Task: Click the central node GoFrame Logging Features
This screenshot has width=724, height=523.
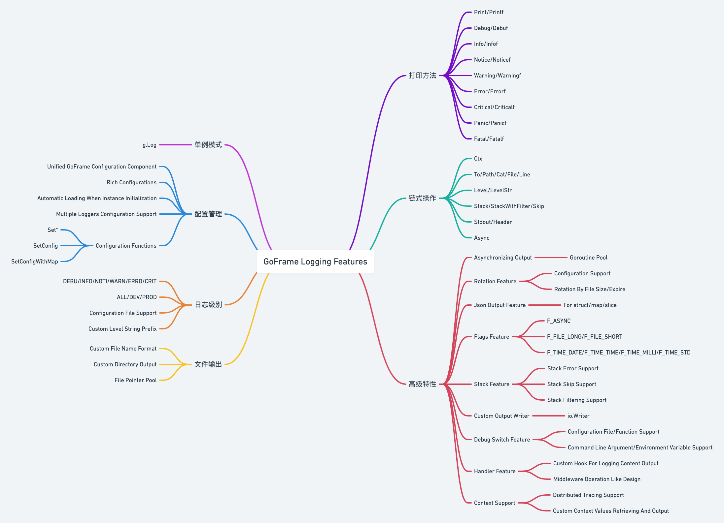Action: (x=315, y=261)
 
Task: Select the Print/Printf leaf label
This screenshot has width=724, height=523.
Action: (x=489, y=12)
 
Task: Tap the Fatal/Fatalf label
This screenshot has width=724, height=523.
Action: (x=489, y=139)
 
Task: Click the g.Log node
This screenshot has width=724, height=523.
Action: (x=150, y=145)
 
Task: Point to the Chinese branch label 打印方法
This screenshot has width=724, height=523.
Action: (x=422, y=76)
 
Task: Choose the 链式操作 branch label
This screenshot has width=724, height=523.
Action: (x=422, y=198)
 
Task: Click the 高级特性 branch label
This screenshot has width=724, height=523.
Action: (x=422, y=384)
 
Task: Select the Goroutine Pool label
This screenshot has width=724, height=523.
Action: (x=588, y=258)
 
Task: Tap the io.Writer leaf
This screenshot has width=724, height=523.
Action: (x=578, y=416)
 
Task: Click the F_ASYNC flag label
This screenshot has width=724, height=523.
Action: (x=559, y=321)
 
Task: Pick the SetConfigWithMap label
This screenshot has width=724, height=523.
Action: (x=35, y=261)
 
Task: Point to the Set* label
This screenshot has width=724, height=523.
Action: (x=52, y=230)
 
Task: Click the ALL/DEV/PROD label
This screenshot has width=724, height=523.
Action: (x=137, y=297)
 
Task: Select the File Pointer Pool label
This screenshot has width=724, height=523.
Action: (x=135, y=380)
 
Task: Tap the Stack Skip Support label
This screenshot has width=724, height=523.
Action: (x=571, y=384)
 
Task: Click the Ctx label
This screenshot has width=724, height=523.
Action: (x=478, y=159)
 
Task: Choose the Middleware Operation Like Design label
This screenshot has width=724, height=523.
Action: (x=597, y=479)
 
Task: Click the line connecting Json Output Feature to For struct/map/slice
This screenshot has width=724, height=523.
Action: (x=544, y=305)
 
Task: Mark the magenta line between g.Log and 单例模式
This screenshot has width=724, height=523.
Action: (x=175, y=145)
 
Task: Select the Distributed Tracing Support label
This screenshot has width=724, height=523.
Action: (x=588, y=495)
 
